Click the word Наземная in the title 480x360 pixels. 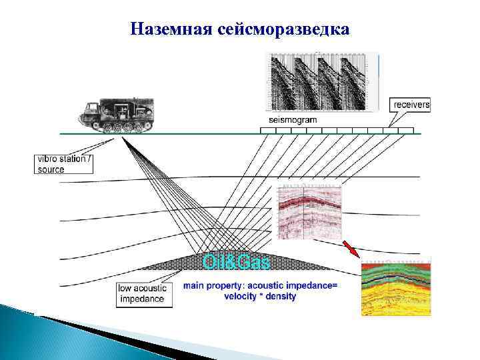[x=171, y=29]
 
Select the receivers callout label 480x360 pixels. [x=411, y=105]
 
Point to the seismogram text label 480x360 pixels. [x=293, y=119]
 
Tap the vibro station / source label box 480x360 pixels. [x=63, y=164]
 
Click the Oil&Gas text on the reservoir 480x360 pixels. [x=237, y=263]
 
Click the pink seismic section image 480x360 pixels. [x=308, y=213]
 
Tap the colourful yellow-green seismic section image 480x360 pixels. [x=396, y=287]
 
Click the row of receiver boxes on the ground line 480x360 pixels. [x=337, y=130]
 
